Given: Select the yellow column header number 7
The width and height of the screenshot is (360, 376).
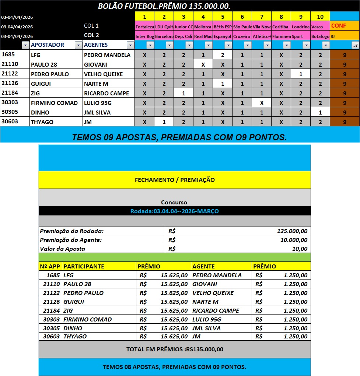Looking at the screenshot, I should click(262, 17).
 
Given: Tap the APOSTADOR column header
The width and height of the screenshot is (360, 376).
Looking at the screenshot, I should click(48, 45).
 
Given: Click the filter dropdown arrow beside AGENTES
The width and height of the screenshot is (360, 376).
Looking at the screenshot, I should click(130, 45).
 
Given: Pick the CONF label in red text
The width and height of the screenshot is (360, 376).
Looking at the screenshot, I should click(338, 26).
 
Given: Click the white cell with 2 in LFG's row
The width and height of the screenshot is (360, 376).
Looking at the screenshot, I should click(223, 55).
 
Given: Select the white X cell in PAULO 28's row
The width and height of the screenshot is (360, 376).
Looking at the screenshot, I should click(203, 64).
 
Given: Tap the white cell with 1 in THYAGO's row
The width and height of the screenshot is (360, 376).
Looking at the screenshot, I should click(164, 122).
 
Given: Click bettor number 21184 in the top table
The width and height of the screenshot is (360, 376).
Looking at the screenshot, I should click(10, 93).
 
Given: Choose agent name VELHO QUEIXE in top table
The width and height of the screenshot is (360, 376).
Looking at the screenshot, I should click(103, 74).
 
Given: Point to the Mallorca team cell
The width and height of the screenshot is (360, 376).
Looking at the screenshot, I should click(203, 27).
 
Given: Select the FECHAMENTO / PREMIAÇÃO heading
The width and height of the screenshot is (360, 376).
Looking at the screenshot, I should click(175, 180).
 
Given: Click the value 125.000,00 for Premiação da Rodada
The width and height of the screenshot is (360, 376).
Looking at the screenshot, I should click(292, 231).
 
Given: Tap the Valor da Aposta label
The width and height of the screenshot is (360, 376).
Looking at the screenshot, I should click(63, 249).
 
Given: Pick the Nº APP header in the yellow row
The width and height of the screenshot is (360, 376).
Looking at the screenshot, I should click(50, 266).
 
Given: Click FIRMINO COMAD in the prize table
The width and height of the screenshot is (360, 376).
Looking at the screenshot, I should click(87, 319).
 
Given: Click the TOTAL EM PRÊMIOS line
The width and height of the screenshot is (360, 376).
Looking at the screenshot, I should click(175, 349).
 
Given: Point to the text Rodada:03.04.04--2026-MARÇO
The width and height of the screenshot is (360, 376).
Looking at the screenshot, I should click(175, 211).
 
